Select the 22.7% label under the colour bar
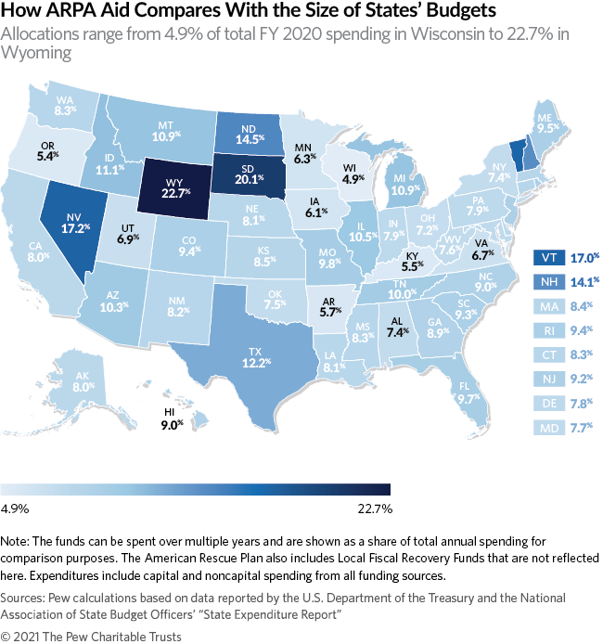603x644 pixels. (x=374, y=509)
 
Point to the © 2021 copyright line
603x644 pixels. (x=91, y=636)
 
